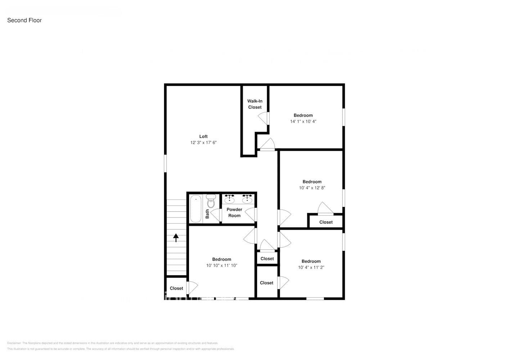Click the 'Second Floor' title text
(24, 21)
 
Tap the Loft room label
(203, 136)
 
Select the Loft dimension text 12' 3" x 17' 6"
(203, 143)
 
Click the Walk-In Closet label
(254, 104)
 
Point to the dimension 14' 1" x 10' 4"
(303, 121)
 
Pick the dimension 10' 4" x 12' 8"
(312, 188)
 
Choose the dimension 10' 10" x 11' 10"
(221, 266)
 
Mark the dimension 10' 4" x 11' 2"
(311, 267)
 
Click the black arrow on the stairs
(176, 238)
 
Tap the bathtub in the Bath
(195, 209)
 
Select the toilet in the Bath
(211, 202)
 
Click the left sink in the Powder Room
(229, 199)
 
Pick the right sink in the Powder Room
(247, 199)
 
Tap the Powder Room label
(234, 212)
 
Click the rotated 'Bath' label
(207, 214)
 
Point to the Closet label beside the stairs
(176, 288)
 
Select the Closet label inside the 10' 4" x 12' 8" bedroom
(326, 222)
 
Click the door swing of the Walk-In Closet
(263, 118)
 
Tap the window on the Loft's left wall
(166, 163)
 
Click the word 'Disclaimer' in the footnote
(14, 343)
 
